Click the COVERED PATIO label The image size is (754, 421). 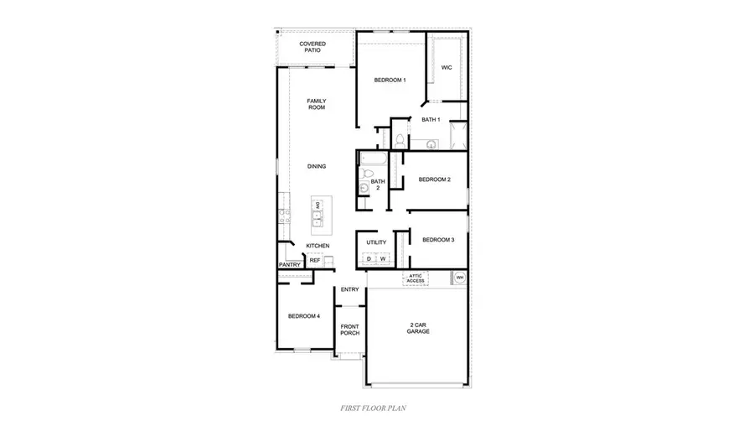[312, 47]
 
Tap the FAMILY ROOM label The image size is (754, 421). [316, 104]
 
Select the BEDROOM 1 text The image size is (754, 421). [390, 81]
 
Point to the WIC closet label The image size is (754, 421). [447, 68]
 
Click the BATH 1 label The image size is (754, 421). [431, 120]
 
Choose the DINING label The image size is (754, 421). [316, 166]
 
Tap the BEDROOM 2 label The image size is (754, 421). [435, 179]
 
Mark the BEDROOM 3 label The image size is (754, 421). [438, 240]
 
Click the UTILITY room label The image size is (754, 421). [376, 242]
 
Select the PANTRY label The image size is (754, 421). [290, 265]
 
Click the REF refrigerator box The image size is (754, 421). [315, 261]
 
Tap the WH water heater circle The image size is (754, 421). [459, 278]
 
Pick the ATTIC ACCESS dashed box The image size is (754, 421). [416, 278]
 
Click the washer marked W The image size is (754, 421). [382, 259]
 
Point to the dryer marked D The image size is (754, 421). [369, 259]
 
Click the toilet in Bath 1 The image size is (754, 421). [400, 140]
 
